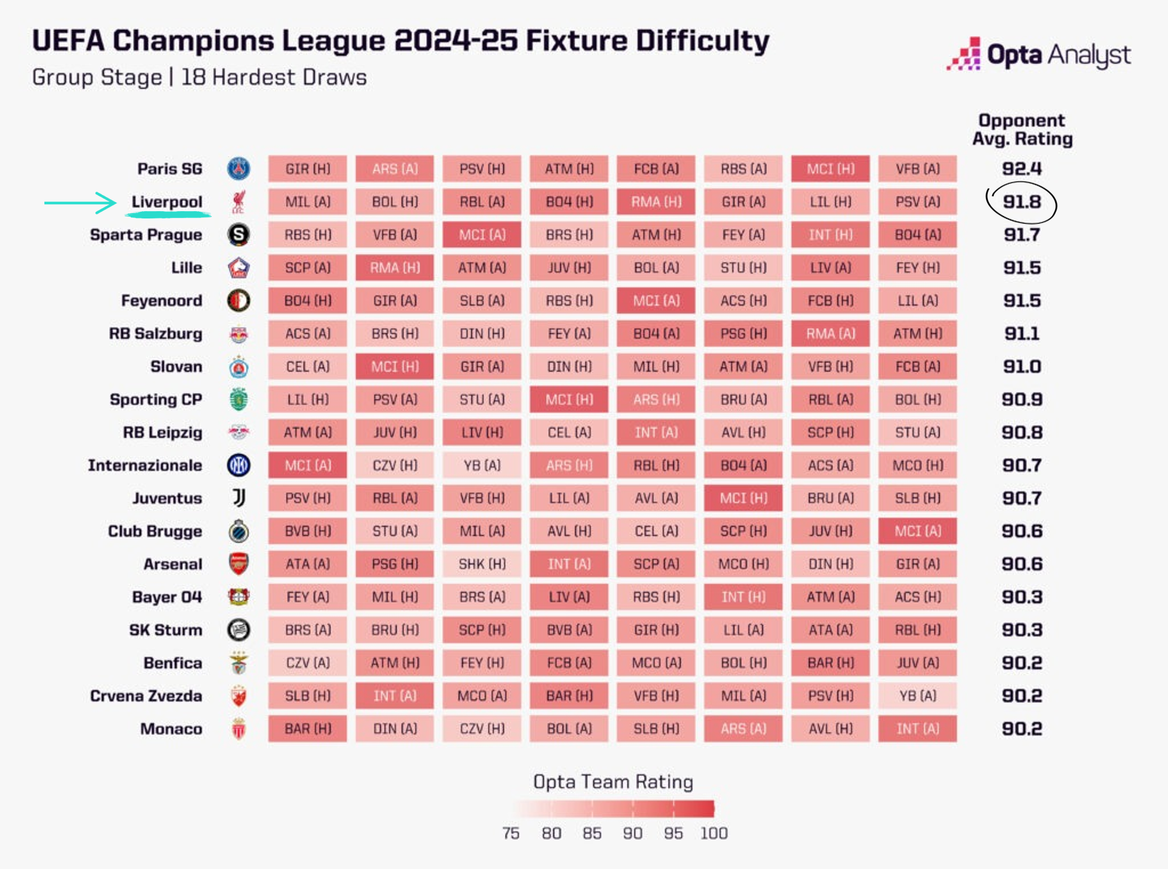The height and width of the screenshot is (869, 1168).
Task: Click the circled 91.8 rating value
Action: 1022,202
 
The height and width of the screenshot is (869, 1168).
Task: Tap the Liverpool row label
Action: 167,202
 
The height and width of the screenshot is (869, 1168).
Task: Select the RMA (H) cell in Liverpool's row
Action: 656,202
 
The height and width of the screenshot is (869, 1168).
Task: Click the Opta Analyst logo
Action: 1038,55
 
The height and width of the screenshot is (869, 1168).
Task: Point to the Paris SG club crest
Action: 238,169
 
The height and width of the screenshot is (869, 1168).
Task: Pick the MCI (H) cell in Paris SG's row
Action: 830,169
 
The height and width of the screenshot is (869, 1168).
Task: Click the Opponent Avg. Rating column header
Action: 1022,130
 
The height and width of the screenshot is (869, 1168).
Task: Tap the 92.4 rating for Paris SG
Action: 1022,169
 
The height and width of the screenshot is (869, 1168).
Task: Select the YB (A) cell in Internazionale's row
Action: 482,465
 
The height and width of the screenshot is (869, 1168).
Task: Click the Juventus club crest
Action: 238,498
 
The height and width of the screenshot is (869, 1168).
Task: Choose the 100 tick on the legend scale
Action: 714,833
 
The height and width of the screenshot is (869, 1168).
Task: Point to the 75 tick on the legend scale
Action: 511,833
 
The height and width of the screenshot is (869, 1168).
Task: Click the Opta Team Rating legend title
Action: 613,782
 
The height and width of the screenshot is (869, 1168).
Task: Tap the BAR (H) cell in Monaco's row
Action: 307,729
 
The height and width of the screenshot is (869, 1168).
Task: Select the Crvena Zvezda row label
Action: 146,696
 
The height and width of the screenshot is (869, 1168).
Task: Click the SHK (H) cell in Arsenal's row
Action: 482,564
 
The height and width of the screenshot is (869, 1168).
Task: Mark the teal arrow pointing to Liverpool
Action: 81,203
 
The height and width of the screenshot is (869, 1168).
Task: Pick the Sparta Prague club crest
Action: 238,235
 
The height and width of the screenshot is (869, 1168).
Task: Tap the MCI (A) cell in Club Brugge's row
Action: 917,531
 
